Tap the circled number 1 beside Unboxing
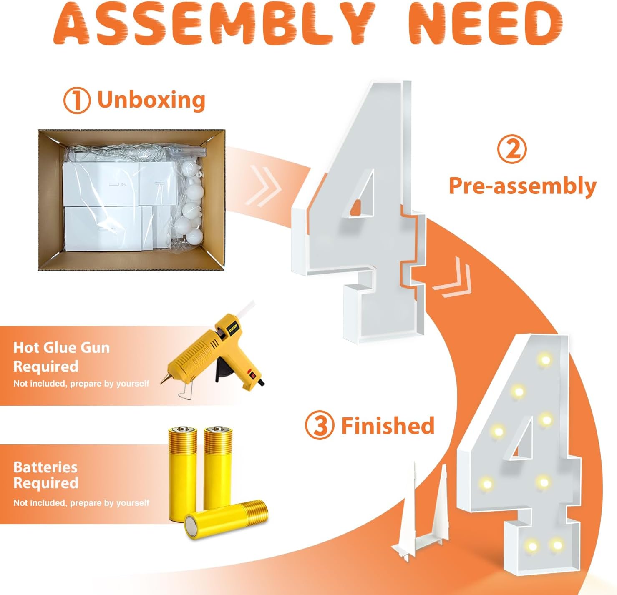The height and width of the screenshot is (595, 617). coord(77,101)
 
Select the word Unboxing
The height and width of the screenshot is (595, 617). coord(151,100)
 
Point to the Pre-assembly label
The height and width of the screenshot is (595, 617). coord(523,186)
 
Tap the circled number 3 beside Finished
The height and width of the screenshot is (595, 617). coord(320,426)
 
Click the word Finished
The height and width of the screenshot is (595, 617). coord(388,425)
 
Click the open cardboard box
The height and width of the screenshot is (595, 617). coord(131,199)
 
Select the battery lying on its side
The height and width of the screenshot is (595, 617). coord(226,519)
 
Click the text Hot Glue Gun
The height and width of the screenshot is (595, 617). coord(61,348)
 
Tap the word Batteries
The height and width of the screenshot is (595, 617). coord(45,467)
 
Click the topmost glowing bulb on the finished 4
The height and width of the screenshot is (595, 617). coord(545,359)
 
